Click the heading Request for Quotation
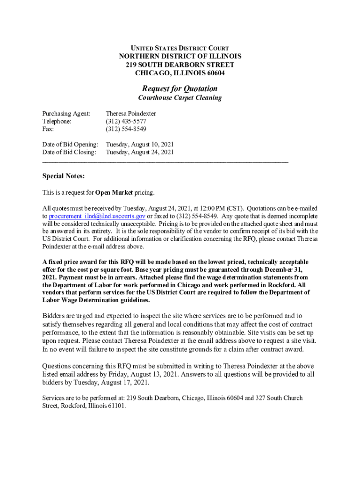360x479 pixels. pos(180,88)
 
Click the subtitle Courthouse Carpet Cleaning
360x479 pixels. pos(180,98)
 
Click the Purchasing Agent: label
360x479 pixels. pos(66,114)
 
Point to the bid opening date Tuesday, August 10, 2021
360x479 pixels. pos(140,145)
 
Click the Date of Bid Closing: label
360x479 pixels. pos(69,152)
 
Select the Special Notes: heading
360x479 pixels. pos(64,176)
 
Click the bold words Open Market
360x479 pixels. pos(114,192)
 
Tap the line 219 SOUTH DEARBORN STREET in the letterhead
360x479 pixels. pos(180,65)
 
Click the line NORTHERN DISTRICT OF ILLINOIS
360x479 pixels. pos(180,57)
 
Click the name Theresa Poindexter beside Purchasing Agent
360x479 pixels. pos(131,114)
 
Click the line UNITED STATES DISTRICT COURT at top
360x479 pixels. pos(180,48)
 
